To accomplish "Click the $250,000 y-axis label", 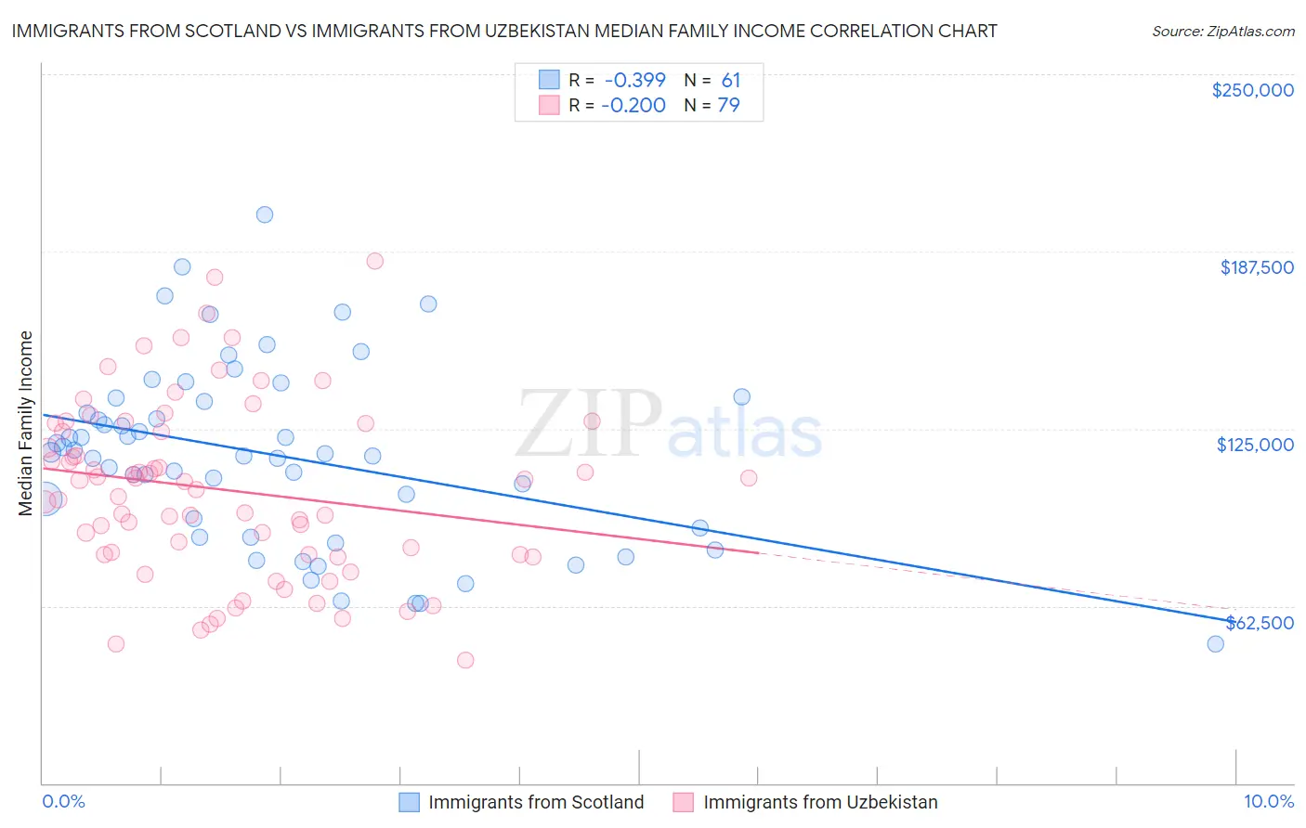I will (1252, 90).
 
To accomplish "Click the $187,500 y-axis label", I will (1256, 267).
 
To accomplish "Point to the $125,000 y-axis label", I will (1255, 445).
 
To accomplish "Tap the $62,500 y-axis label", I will (1259, 623).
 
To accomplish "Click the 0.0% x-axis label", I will (63, 801).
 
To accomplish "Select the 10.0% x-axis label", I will (1268, 801).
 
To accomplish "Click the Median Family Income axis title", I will (26, 423).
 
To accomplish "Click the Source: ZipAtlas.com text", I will (1222, 31).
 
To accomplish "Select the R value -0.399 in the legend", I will (633, 81).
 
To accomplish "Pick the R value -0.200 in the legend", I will (633, 106).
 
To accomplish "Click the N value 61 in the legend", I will (731, 81).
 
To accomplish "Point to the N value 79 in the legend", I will (729, 106).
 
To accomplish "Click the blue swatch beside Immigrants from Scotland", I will (410, 802).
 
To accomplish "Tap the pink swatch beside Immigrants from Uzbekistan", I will (684, 802).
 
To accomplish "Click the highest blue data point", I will (265, 214).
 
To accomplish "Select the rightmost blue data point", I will (1215, 644).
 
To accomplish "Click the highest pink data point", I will (374, 261).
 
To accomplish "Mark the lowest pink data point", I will (465, 660).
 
